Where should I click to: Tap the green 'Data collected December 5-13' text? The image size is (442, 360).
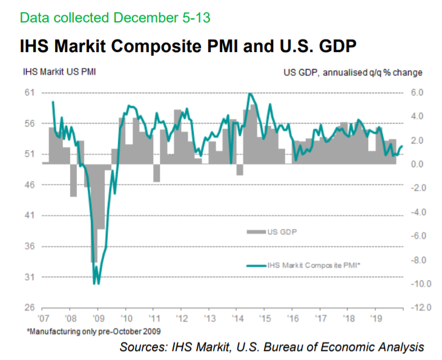click(114, 17)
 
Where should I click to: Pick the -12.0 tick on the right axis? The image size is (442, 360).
click(419, 308)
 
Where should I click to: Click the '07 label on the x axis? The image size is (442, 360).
click(44, 318)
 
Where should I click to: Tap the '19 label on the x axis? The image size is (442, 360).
click(375, 318)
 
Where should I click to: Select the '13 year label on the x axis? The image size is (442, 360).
click(209, 318)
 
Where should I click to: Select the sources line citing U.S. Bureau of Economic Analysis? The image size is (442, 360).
click(272, 347)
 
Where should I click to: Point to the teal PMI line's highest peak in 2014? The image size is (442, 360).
click(249, 93)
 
